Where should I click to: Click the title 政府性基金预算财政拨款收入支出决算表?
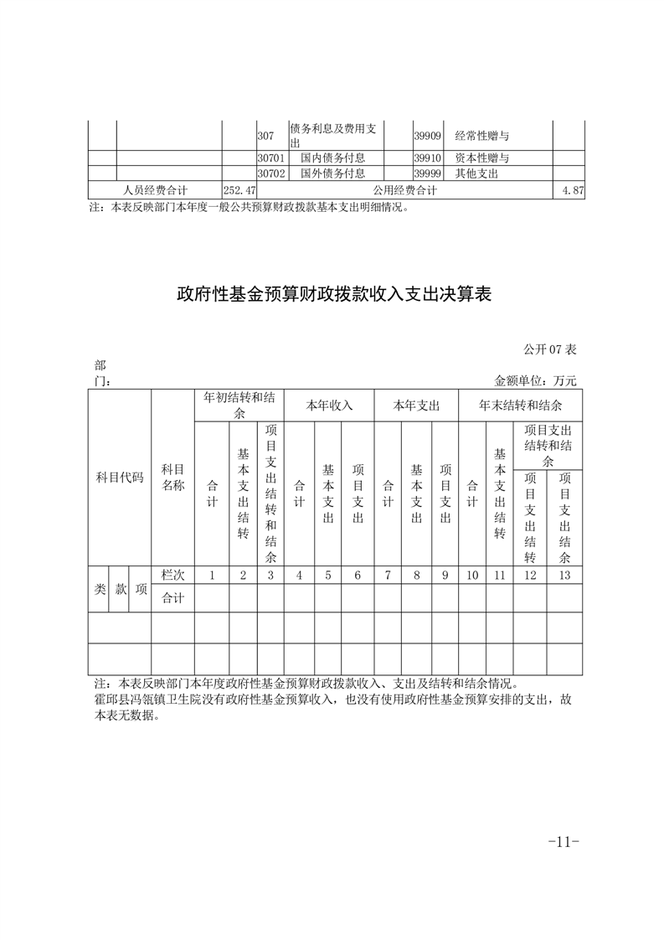click(333, 294)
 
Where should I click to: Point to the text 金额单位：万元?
click(536, 380)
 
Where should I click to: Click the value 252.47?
click(239, 191)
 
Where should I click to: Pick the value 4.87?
click(574, 191)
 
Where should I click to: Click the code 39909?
click(427, 135)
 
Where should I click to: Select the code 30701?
click(271, 158)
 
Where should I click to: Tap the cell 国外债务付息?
click(333, 173)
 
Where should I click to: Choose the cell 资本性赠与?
click(482, 158)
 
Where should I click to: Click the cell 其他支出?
click(476, 173)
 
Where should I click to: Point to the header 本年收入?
click(329, 405)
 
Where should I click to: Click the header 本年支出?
click(416, 405)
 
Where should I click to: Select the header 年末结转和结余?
click(520, 405)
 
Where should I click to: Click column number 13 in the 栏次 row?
click(564, 576)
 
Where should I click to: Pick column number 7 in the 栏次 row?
click(388, 576)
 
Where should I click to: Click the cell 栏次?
click(172, 576)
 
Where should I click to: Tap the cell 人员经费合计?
click(155, 191)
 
